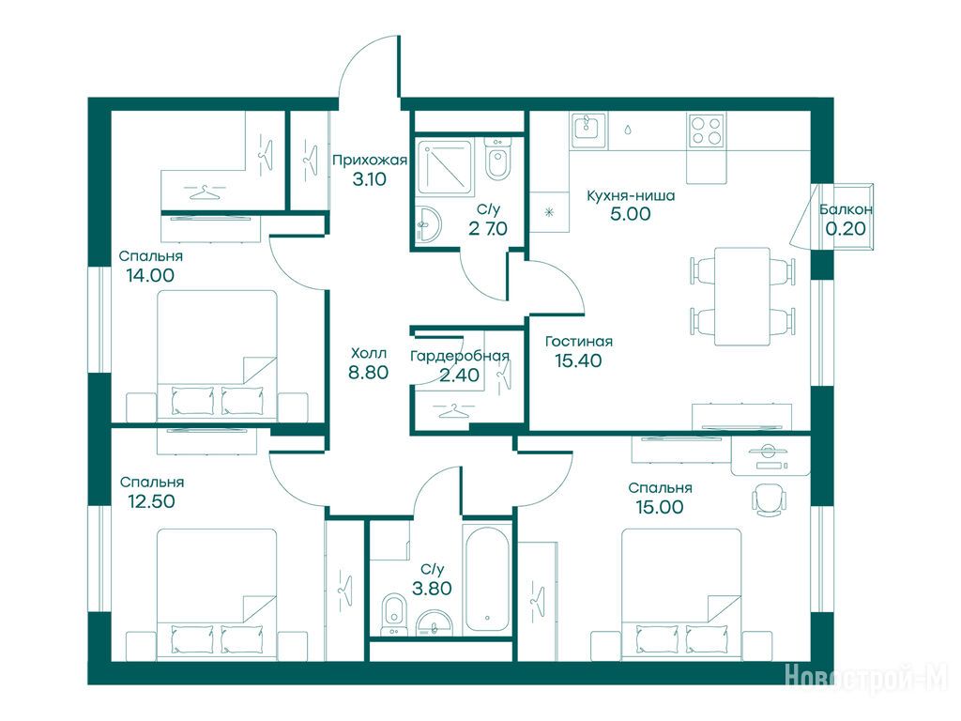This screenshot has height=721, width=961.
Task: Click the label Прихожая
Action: click(370, 161)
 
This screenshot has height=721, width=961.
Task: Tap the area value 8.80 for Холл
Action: click(368, 372)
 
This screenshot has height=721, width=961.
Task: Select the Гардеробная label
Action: click(460, 356)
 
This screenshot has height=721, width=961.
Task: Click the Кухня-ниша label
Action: click(631, 195)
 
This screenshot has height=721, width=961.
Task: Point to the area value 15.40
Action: click(578, 360)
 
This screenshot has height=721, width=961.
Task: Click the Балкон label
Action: click(846, 209)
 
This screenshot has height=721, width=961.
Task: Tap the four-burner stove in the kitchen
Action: click(706, 130)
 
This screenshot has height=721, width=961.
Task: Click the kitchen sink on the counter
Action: click(588, 130)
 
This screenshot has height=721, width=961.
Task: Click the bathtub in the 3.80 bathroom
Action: click(487, 578)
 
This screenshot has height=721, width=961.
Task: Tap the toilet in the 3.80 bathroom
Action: click(393, 615)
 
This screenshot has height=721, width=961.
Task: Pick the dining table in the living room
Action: click(742, 296)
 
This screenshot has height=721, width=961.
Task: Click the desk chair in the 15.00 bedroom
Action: click(769, 499)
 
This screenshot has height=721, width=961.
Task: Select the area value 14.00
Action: click(150, 275)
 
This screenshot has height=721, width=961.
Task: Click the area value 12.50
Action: click(151, 501)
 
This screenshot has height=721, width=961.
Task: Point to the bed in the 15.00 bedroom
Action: click(681, 594)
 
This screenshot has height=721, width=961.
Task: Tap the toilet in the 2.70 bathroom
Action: click(497, 159)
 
